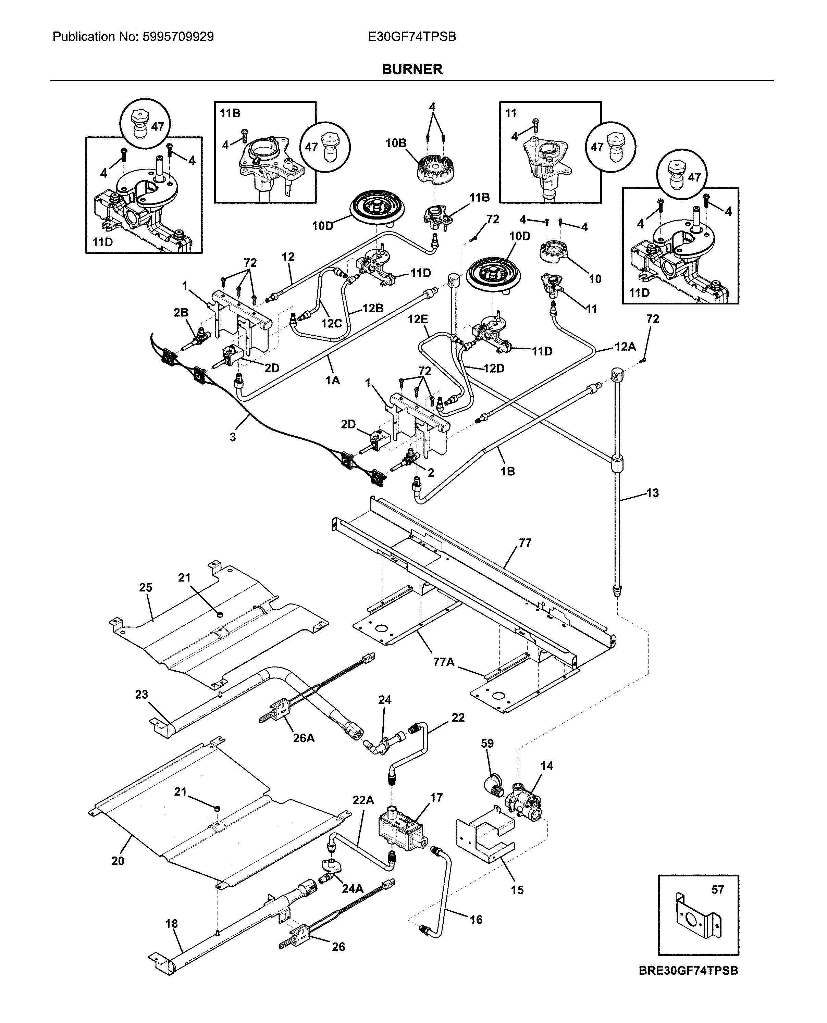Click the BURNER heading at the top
[x=412, y=70]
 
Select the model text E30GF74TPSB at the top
[x=412, y=37]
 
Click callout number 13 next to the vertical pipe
[x=652, y=493]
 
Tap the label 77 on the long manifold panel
[x=524, y=543]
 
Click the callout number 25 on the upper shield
[x=146, y=588]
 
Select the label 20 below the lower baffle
[x=118, y=861]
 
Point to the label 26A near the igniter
[x=304, y=738]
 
